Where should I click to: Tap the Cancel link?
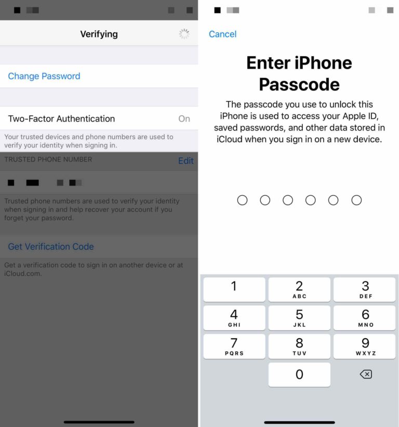tap(222, 34)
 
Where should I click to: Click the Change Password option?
tap(44, 76)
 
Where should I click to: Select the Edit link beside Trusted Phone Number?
tap(185, 161)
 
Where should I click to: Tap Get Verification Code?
tap(51, 247)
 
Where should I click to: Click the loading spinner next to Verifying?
tap(184, 34)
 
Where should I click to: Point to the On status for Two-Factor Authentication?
tap(184, 119)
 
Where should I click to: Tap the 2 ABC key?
tap(299, 289)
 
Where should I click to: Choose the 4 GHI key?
tap(234, 317)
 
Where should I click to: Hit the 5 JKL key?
tap(299, 317)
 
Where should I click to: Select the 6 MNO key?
tap(365, 317)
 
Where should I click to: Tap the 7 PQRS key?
tap(234, 346)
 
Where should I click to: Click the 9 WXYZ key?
tap(365, 346)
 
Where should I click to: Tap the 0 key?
tap(299, 375)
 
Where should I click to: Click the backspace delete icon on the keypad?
tap(366, 375)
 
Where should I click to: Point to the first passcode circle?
tap(242, 200)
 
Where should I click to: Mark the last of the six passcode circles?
tap(356, 200)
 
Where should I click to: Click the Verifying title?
tap(99, 34)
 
